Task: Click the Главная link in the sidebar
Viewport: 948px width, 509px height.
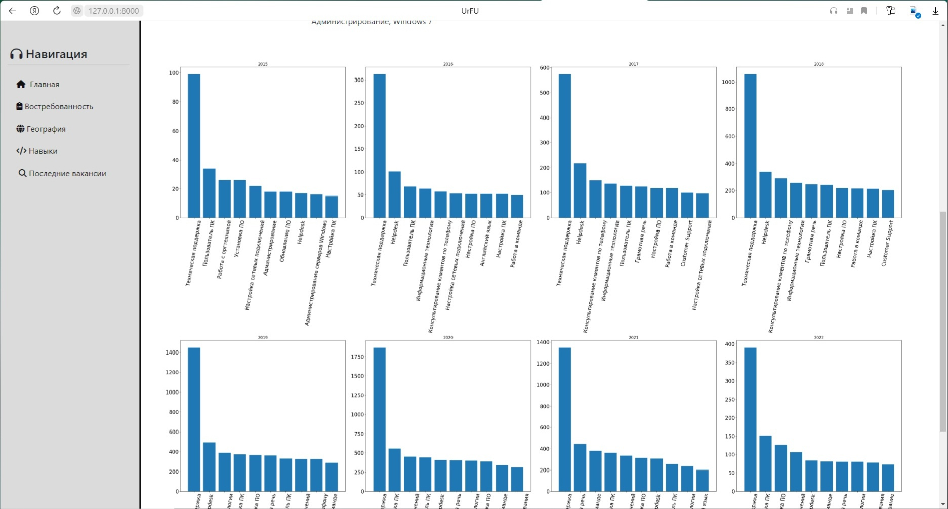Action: tap(44, 85)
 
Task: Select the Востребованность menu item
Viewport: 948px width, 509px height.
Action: tap(58, 107)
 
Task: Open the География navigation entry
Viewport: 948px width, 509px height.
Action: tap(46, 129)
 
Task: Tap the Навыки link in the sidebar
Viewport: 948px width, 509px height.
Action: tap(43, 151)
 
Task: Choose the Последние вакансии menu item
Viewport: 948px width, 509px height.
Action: tap(67, 174)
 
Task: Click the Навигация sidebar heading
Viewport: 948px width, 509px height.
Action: tap(56, 54)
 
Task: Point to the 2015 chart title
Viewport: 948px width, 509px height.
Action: tap(263, 64)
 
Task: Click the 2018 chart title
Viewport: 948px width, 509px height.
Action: tap(818, 64)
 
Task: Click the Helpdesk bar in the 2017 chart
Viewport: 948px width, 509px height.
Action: tap(580, 190)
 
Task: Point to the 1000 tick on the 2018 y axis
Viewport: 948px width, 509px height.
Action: tap(728, 82)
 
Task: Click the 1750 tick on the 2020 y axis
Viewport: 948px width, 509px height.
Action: tap(357, 357)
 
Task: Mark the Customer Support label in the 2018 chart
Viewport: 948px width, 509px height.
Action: tap(887, 243)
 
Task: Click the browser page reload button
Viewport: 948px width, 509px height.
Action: tap(57, 11)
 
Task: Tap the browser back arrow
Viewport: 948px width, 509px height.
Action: tap(12, 11)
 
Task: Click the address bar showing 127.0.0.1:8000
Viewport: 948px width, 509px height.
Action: tap(113, 11)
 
